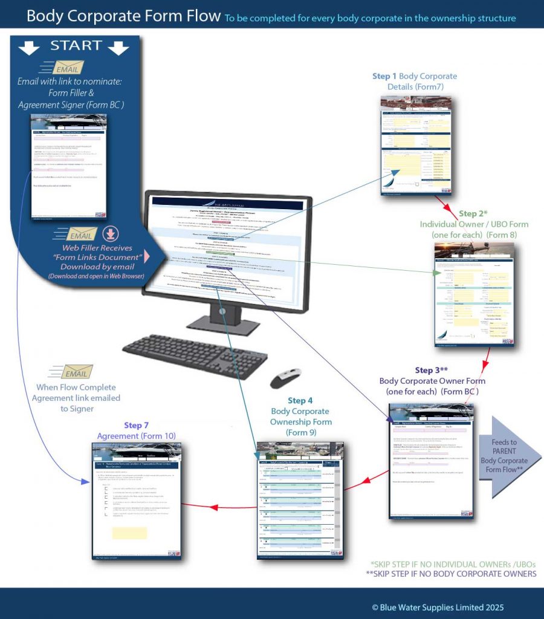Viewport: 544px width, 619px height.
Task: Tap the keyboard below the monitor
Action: click(x=195, y=355)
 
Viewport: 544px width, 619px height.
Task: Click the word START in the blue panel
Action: click(x=76, y=46)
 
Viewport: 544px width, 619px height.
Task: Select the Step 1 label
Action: click(x=385, y=77)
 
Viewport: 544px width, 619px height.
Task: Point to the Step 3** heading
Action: click(x=432, y=370)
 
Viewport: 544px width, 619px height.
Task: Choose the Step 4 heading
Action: click(x=300, y=400)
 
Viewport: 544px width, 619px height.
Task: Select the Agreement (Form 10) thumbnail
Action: click(x=137, y=502)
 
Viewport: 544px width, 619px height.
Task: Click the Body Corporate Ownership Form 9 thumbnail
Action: click(x=300, y=500)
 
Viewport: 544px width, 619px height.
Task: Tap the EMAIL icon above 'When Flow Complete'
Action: click(x=71, y=371)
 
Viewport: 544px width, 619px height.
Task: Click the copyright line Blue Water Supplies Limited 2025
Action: click(x=438, y=607)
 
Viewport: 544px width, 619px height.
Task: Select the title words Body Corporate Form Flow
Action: click(x=123, y=16)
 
